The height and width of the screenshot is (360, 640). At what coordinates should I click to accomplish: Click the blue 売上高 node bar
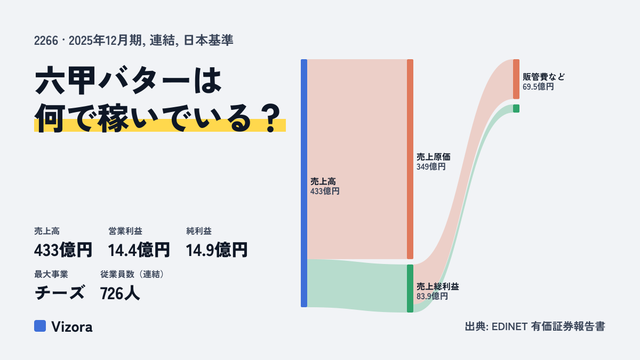pyautogui.click(x=304, y=183)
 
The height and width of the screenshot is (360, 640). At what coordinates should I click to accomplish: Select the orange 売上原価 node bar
pyautogui.click(x=410, y=159)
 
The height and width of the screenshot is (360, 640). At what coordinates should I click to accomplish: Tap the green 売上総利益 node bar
pyautogui.click(x=410, y=289)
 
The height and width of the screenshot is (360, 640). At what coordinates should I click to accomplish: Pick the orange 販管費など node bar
pyautogui.click(x=516, y=79)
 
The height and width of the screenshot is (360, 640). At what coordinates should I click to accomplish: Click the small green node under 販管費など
pyautogui.click(x=516, y=108)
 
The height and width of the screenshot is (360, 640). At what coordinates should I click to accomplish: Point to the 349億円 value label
pyautogui.click(x=431, y=166)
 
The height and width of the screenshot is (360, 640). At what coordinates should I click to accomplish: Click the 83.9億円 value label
pyautogui.click(x=432, y=296)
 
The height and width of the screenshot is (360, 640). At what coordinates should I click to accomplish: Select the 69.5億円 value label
pyautogui.click(x=538, y=86)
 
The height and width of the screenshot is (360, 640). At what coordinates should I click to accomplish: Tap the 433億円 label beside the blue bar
pyautogui.click(x=325, y=191)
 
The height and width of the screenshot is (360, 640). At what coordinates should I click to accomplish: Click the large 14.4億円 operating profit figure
pyautogui.click(x=139, y=250)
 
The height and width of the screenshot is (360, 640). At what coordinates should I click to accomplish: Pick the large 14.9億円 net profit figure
pyautogui.click(x=217, y=250)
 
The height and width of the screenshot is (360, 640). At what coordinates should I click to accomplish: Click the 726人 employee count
pyautogui.click(x=120, y=293)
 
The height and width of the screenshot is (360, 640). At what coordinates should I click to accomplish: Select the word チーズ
pyautogui.click(x=59, y=293)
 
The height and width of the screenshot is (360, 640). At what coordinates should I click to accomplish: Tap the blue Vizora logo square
pyautogui.click(x=40, y=326)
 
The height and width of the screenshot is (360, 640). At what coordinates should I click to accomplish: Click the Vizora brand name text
pyautogui.click(x=72, y=327)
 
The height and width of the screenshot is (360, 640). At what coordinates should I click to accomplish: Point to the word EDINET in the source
pyautogui.click(x=509, y=326)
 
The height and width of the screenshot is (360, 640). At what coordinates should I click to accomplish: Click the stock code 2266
pyautogui.click(x=46, y=41)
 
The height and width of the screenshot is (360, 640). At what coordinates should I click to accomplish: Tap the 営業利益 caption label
pyautogui.click(x=125, y=231)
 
